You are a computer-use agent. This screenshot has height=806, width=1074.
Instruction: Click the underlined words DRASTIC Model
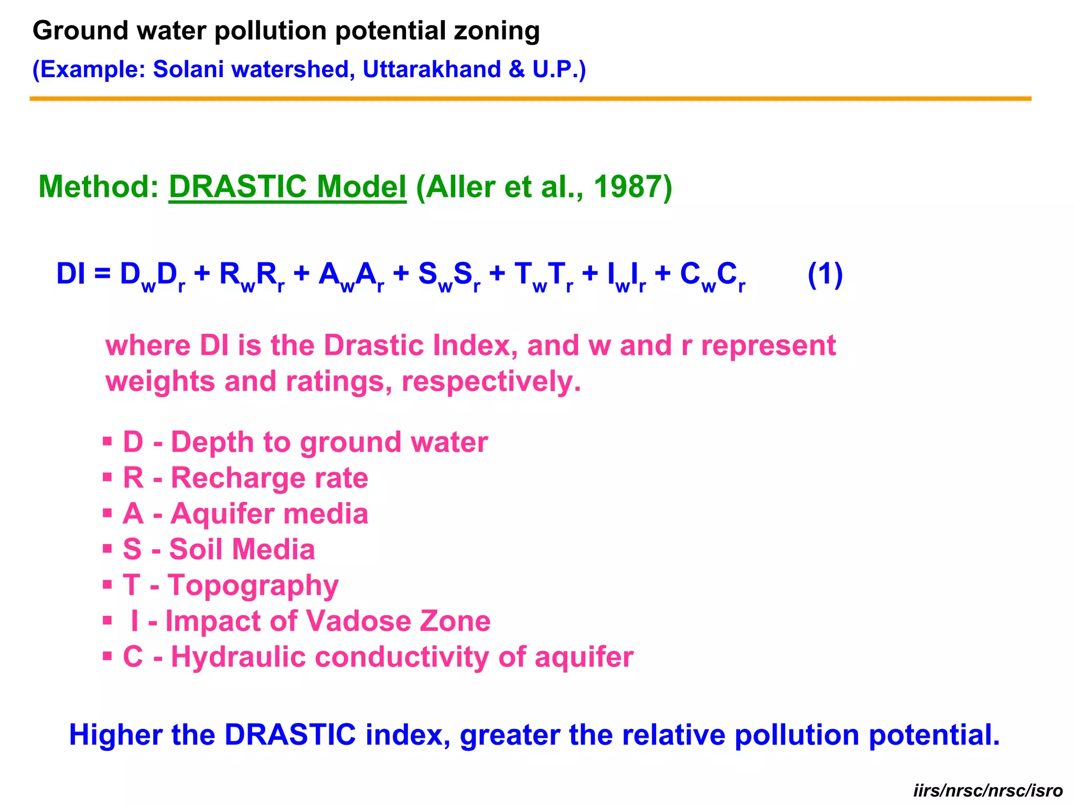287,187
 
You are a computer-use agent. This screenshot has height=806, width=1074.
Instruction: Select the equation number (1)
825,274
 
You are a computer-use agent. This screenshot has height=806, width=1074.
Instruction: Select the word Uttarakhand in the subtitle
432,69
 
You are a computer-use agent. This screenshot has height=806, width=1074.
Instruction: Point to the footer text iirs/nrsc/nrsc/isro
988,790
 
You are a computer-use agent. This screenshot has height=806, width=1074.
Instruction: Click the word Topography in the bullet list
253,586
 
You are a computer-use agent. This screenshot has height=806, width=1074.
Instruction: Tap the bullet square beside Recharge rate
108,478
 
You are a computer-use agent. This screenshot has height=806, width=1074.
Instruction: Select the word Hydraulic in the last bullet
238,657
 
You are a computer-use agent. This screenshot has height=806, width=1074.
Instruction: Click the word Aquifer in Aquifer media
218,514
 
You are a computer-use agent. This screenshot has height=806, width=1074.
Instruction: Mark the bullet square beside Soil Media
108,549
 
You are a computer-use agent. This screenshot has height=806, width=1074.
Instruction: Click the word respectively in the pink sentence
491,381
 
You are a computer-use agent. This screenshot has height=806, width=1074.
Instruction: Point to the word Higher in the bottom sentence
115,735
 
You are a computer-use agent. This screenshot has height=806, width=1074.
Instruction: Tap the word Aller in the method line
460,187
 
